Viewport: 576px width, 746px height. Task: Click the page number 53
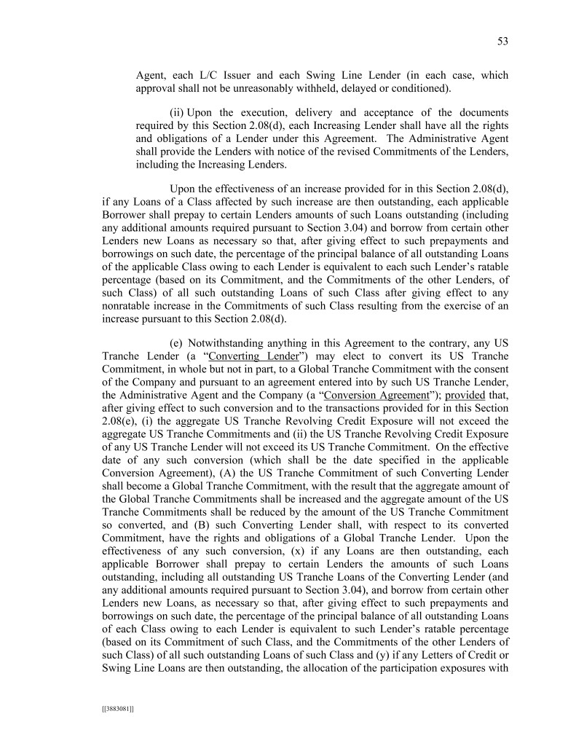(502, 42)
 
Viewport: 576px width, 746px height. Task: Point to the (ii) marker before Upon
(177, 112)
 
